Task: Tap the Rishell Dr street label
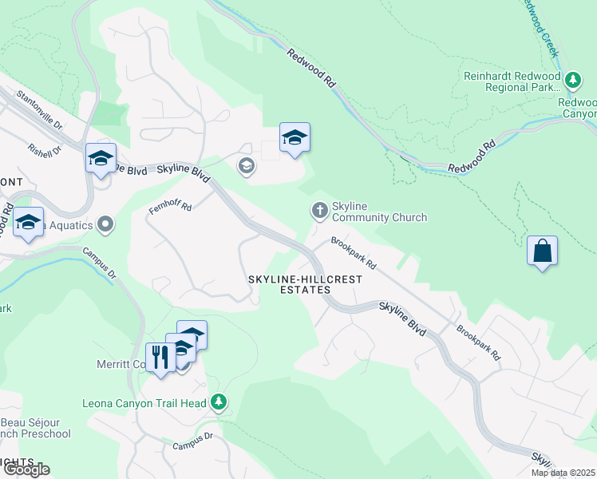(x=45, y=139)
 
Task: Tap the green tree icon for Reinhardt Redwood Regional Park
(x=572, y=81)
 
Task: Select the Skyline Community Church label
(x=379, y=212)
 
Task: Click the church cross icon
(x=319, y=211)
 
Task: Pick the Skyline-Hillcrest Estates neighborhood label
(x=305, y=285)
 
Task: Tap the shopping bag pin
(x=542, y=251)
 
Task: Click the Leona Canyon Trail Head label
(x=144, y=403)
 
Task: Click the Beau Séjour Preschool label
(x=36, y=428)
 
